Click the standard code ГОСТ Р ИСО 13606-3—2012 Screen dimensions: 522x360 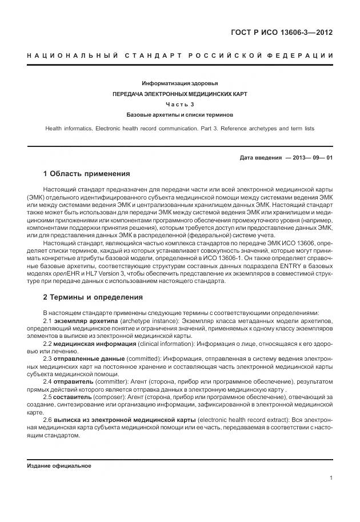point(281,32)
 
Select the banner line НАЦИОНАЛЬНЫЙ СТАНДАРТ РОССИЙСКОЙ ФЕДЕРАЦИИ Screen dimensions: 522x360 point(180,55)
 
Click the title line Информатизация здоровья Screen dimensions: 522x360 point(180,83)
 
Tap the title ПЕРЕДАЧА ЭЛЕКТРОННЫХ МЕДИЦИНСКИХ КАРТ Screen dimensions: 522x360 point(180,94)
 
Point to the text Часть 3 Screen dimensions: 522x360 point(180,104)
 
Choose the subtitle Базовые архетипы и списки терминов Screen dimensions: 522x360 point(180,114)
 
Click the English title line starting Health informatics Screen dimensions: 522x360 point(180,129)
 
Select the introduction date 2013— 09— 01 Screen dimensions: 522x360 point(310,158)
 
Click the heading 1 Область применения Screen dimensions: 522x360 point(86,174)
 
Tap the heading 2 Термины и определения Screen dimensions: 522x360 point(93,297)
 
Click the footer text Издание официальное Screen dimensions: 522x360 point(59,465)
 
